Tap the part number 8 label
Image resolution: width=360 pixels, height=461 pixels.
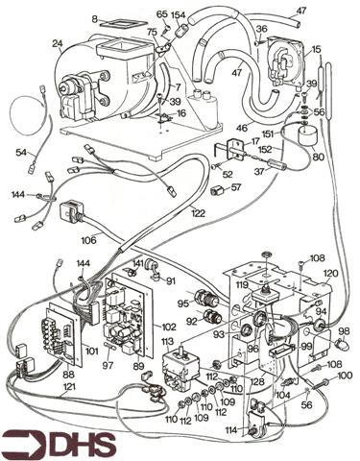94,17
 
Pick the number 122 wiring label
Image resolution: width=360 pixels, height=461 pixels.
198,213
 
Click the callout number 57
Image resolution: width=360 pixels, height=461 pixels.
235,189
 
